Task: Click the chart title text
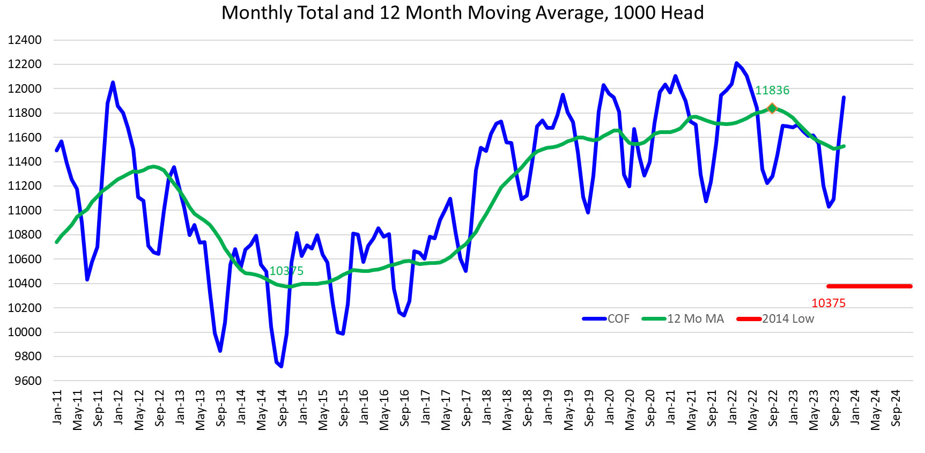point(462,13)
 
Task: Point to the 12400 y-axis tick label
point(25,40)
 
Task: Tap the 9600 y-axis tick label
point(25,381)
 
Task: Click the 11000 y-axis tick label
point(25,211)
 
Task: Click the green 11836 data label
point(772,91)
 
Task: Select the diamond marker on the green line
point(772,108)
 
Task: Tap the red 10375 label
point(828,303)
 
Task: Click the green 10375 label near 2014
point(286,271)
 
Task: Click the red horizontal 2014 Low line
point(869,286)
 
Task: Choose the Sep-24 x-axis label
point(896,408)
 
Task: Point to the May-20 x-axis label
point(630,409)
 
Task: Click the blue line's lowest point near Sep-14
point(282,366)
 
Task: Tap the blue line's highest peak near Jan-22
point(736,63)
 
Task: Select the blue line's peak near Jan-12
point(113,83)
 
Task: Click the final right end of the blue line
point(844,98)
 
